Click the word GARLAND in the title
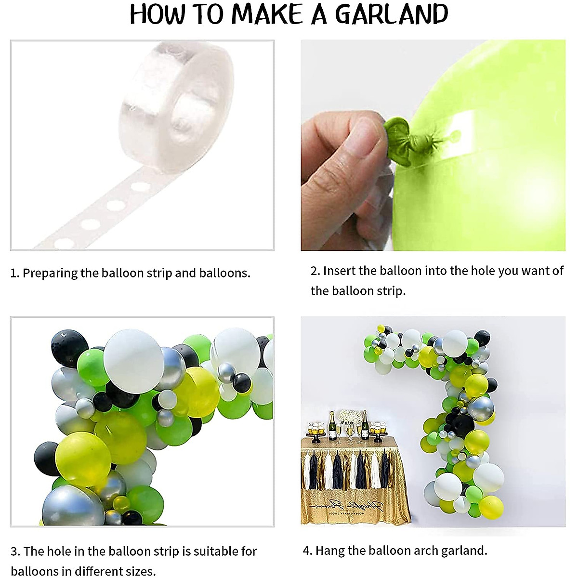click(x=392, y=14)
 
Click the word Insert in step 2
click(x=339, y=271)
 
